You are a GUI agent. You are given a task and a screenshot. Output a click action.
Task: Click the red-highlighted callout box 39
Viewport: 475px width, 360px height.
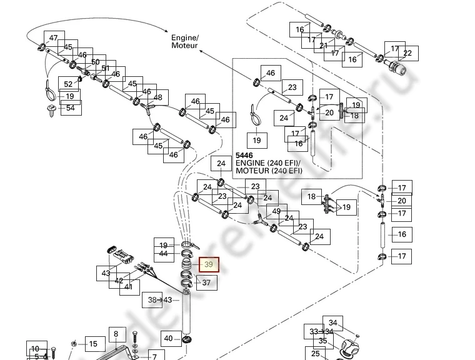tap(209, 265)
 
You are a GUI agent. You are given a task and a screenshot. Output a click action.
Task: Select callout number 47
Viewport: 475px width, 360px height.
tap(53, 39)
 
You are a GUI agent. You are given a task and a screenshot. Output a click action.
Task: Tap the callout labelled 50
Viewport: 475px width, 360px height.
tap(95, 62)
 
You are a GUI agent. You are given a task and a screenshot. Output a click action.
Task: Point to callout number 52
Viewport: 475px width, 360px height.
tap(68, 83)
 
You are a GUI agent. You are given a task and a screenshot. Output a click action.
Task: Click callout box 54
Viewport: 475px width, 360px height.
tap(70, 108)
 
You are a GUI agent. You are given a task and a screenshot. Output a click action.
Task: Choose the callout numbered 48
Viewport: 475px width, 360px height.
tap(157, 97)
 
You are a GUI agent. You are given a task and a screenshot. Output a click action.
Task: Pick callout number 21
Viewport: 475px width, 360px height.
tap(323, 46)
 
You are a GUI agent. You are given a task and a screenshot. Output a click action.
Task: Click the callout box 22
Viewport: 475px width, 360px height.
tap(407, 54)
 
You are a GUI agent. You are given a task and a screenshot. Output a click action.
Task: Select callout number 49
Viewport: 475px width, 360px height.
tap(276, 211)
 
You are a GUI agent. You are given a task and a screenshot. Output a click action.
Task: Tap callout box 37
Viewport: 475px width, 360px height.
tap(207, 283)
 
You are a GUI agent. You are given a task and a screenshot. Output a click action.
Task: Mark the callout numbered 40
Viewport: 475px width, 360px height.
tap(168, 339)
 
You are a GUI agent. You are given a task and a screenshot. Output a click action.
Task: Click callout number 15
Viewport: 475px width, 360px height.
tap(92, 344)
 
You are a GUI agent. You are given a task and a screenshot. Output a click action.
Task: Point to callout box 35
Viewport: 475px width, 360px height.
tap(322, 341)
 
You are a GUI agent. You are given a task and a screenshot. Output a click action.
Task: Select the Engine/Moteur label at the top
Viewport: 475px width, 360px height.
tap(184, 41)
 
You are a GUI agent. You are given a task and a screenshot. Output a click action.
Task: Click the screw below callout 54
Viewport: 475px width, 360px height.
tap(49, 112)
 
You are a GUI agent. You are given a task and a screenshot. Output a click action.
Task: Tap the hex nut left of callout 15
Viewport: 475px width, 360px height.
tap(74, 343)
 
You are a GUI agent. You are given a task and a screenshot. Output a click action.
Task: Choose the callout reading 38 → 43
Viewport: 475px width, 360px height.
tap(159, 300)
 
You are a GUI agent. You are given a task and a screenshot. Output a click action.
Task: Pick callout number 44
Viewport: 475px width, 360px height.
tap(163, 254)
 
